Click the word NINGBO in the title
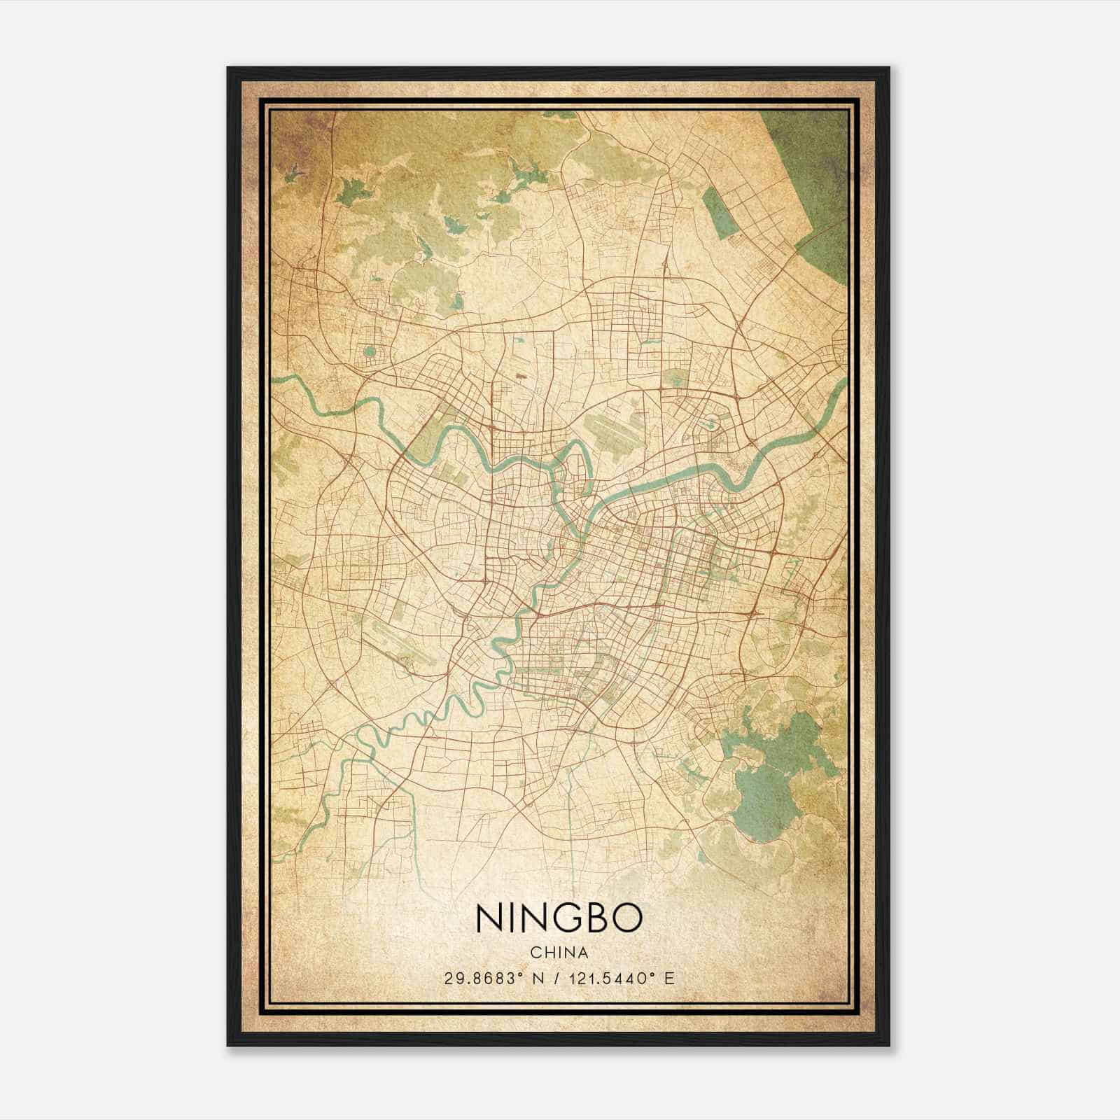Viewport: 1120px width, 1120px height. point(559,919)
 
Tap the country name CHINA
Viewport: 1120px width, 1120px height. point(559,952)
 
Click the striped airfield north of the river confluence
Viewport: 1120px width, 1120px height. point(616,427)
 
